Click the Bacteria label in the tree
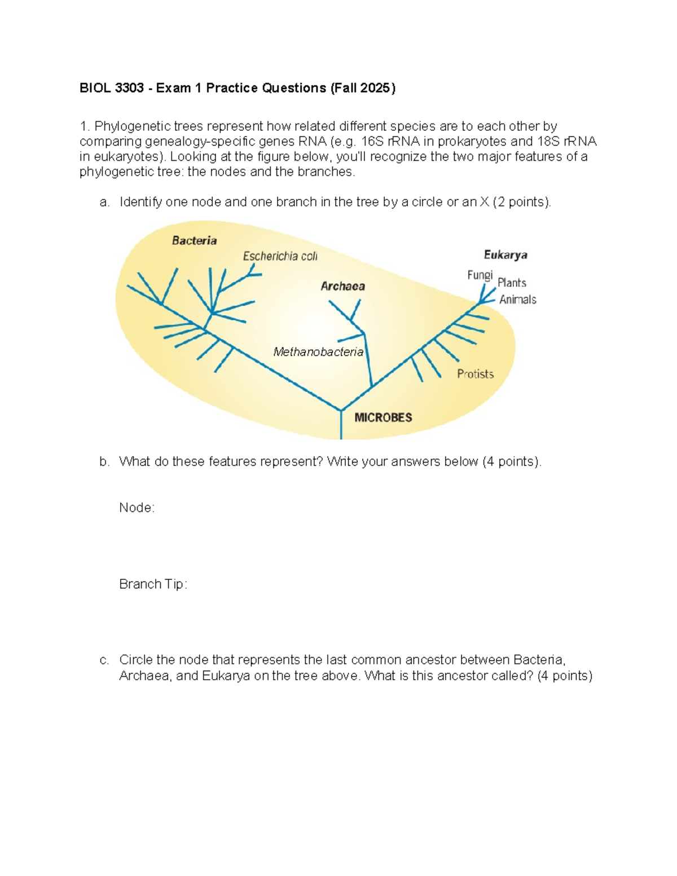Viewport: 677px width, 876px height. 194,241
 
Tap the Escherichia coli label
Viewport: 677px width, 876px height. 280,257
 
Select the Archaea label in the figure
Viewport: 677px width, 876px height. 342,287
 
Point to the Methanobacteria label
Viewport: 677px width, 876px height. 318,352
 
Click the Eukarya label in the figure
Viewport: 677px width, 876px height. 505,255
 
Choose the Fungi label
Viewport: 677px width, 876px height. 480,275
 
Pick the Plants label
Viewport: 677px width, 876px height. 512,283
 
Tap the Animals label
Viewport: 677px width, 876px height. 517,300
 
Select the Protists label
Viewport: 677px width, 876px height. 475,374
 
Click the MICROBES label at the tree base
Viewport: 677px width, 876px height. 383,417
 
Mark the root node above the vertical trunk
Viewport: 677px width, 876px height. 341,410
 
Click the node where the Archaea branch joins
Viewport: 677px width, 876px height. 372,387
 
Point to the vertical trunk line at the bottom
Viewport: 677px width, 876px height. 341,426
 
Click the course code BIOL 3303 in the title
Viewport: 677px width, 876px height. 112,88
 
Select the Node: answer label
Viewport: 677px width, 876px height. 137,508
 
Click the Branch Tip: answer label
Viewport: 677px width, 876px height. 153,584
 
